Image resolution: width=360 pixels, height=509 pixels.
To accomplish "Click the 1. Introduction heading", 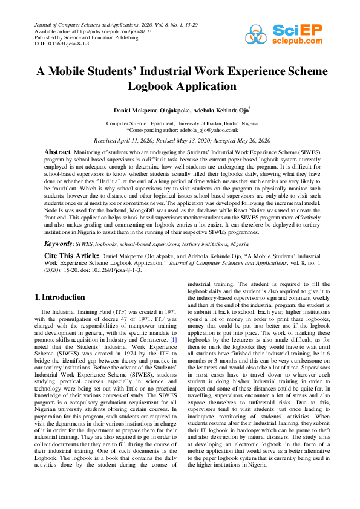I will click(x=58, y=297).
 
